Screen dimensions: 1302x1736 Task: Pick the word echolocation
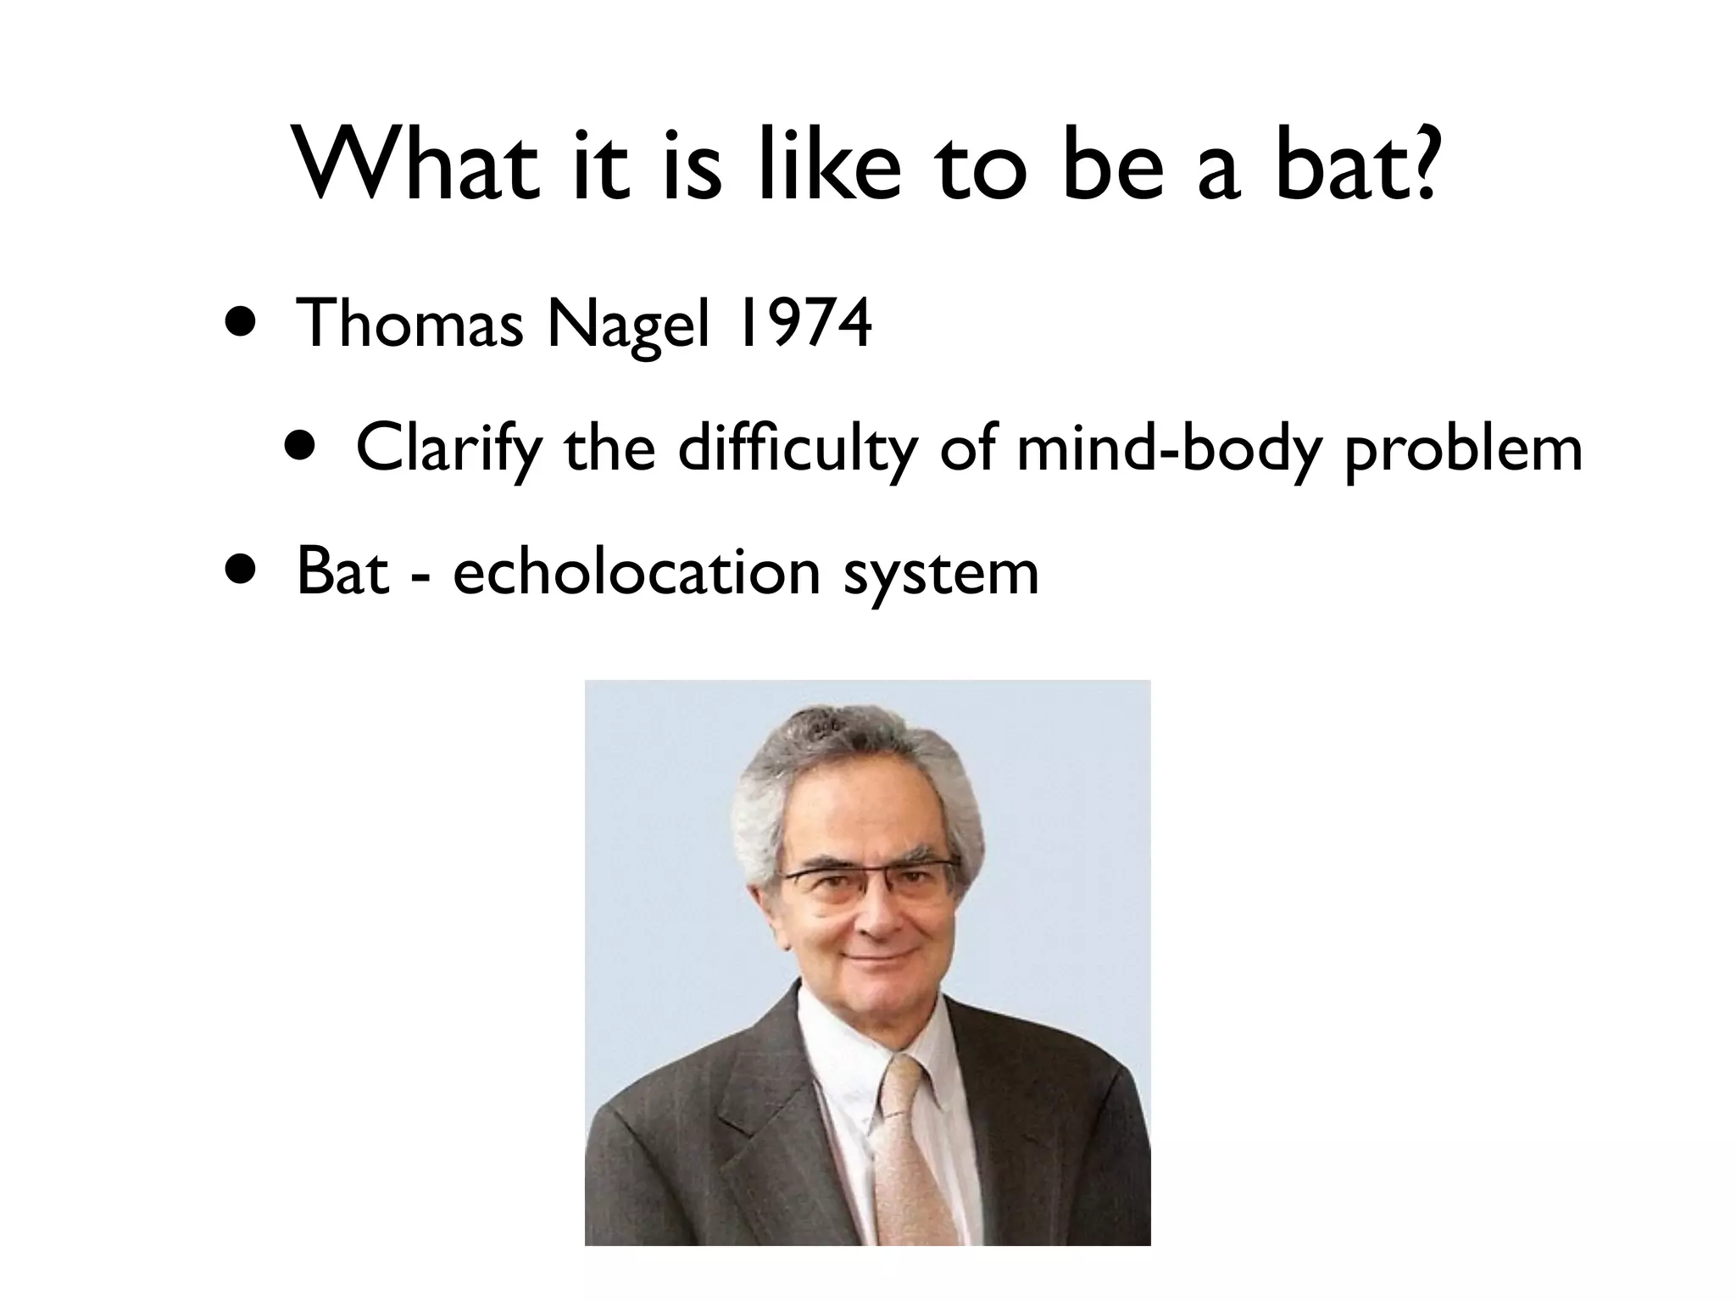point(637,572)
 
